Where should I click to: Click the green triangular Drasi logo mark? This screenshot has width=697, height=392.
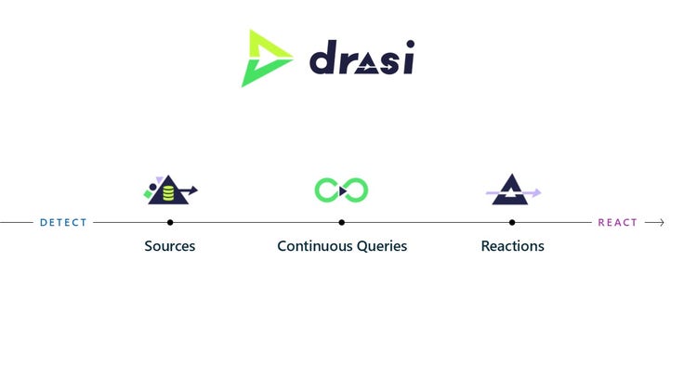(x=263, y=59)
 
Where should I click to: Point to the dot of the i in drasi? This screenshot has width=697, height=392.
(x=409, y=44)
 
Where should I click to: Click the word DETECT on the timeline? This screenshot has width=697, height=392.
(x=63, y=223)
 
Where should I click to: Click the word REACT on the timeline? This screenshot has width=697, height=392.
(x=617, y=223)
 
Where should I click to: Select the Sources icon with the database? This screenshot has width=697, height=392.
(x=170, y=190)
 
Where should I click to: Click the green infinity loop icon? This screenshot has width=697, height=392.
(x=341, y=190)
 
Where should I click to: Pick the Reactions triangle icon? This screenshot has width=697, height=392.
(x=511, y=190)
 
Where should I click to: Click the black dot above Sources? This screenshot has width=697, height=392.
(x=170, y=223)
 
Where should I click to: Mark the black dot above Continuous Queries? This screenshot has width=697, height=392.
(x=341, y=223)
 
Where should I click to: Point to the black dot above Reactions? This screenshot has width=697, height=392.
(x=512, y=223)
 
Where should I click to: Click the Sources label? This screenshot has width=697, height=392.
(x=170, y=246)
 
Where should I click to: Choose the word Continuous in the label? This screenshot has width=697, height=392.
(x=314, y=246)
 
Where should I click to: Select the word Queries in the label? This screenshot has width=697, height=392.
(x=382, y=246)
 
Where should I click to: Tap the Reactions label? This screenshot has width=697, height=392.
(x=512, y=246)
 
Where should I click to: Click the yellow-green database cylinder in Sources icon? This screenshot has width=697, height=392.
(x=168, y=194)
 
